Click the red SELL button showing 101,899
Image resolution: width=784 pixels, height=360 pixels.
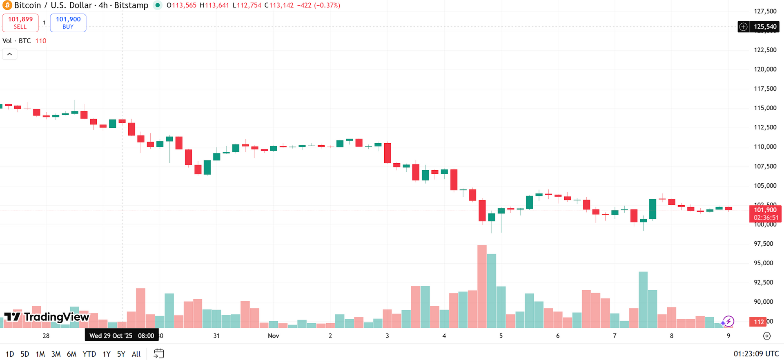[20, 23]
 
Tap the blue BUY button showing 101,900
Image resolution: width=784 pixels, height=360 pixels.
[68, 23]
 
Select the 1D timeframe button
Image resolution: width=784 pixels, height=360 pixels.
[10, 354]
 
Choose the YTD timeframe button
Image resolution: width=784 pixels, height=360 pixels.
[89, 354]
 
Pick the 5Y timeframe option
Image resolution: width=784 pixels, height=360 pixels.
[121, 354]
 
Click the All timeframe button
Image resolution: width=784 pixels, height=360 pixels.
[136, 354]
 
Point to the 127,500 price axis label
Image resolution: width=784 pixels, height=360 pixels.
[765, 11]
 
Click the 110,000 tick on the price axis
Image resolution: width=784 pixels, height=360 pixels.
[765, 147]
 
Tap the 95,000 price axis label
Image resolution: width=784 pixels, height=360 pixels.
[763, 263]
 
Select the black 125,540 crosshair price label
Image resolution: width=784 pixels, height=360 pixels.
[764, 27]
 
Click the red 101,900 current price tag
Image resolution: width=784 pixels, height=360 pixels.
[765, 213]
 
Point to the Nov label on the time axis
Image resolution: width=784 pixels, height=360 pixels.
[273, 336]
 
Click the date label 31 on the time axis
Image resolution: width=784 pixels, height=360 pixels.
[216, 336]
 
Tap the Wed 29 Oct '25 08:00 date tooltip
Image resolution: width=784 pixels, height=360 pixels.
[122, 336]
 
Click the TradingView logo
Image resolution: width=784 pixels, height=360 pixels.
[47, 317]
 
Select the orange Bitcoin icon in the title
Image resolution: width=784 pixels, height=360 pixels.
[7, 5]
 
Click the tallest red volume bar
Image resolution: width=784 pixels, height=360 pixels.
[482, 286]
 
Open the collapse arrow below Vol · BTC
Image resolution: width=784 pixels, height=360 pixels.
[9, 54]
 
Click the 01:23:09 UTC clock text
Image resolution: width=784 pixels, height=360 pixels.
[756, 354]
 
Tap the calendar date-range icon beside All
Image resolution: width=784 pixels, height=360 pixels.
[158, 353]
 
